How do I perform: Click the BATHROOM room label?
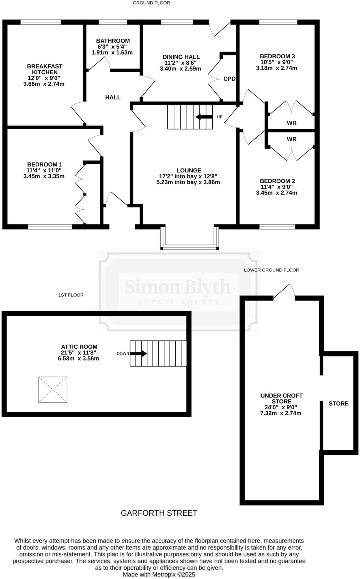pyautogui.click(x=113, y=41)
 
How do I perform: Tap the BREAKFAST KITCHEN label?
pyautogui.click(x=45, y=69)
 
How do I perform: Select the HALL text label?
pyautogui.click(x=113, y=98)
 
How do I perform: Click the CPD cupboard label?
pyautogui.click(x=229, y=79)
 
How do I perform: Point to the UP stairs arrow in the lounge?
pyautogui.click(x=204, y=117)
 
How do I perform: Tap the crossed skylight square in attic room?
pyautogui.click(x=53, y=389)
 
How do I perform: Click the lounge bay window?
pyautogui.click(x=189, y=247)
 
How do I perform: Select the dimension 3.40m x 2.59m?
pyautogui.click(x=180, y=69)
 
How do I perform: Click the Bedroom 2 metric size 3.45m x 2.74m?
pyautogui.click(x=277, y=193)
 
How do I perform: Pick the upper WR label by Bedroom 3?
pyautogui.click(x=292, y=123)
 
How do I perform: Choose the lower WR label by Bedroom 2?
pyautogui.click(x=292, y=139)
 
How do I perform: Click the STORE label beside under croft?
pyautogui.click(x=339, y=403)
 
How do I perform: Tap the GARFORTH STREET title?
pyautogui.click(x=159, y=513)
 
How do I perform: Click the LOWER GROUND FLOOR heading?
pyautogui.click(x=271, y=270)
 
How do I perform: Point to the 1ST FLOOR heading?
pyautogui.click(x=71, y=295)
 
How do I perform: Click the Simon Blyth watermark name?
pyautogui.click(x=178, y=287)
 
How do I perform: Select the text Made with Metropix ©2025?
pyautogui.click(x=159, y=574)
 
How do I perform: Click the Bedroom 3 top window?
pyautogui.click(x=278, y=22)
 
